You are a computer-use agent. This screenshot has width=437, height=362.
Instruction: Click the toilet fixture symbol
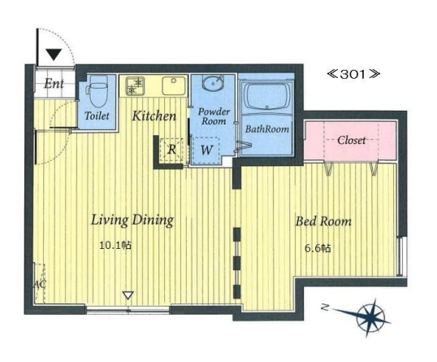(x=97, y=91)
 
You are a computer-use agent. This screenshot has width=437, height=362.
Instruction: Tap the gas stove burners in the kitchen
(x=135, y=85)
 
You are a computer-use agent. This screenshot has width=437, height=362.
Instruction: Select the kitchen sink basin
(x=174, y=85)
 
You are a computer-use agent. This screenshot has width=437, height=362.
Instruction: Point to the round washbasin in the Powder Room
(x=213, y=83)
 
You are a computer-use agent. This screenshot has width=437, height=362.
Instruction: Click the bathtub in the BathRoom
(x=266, y=96)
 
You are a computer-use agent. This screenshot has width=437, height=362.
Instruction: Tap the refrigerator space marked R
(x=171, y=150)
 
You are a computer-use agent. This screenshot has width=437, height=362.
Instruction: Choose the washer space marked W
(x=206, y=150)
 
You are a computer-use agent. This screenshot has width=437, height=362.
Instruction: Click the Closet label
(x=351, y=140)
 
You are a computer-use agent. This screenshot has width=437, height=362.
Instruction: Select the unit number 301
(x=353, y=74)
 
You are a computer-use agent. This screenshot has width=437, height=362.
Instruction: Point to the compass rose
(x=370, y=317)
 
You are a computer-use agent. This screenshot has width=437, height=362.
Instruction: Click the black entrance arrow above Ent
(x=54, y=55)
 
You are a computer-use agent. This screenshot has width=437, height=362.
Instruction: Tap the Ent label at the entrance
(x=54, y=84)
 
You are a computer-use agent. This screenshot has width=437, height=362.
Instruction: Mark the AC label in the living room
(x=40, y=285)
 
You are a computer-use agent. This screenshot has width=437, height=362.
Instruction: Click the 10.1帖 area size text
(x=115, y=246)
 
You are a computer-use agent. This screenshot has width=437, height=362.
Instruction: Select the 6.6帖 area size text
(x=318, y=248)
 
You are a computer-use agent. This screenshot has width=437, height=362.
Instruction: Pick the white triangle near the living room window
(x=128, y=295)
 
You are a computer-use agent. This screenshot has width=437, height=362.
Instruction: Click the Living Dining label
(x=132, y=220)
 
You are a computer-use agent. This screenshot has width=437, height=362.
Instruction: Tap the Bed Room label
(x=323, y=221)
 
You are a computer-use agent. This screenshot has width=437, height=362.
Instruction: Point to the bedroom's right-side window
(x=400, y=256)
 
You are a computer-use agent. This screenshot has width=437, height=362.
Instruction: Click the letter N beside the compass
(x=324, y=307)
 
